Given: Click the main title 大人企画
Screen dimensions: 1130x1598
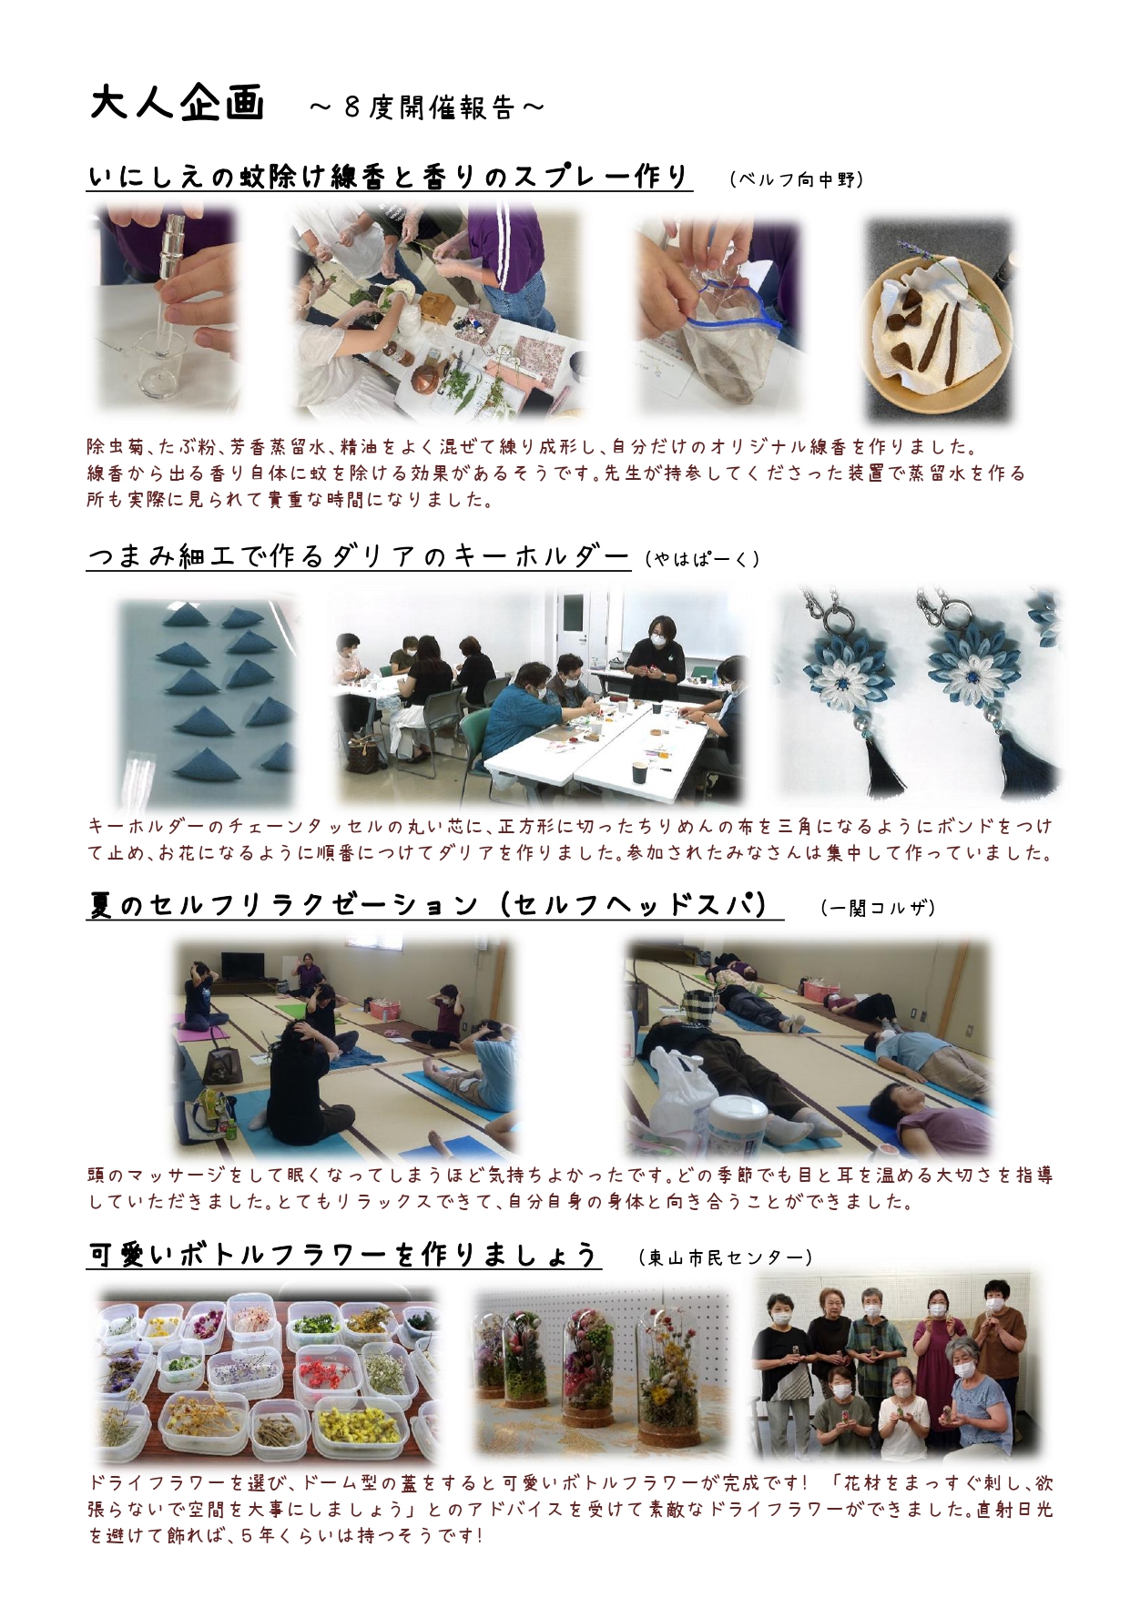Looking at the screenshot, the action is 178,103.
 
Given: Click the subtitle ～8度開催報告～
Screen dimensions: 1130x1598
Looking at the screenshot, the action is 426,107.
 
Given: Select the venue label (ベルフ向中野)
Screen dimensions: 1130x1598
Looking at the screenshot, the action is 797,179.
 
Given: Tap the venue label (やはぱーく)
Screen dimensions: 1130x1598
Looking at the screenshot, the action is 702,558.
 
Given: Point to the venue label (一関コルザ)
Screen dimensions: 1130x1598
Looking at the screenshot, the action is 878,907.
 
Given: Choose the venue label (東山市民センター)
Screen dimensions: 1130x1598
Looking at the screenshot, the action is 726,1257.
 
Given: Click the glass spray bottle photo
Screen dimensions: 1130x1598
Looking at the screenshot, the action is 165,310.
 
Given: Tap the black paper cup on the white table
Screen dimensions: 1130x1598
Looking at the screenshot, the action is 640,770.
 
